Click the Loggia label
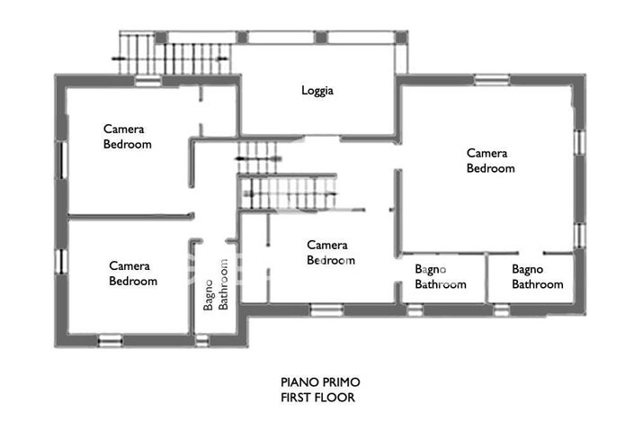(x=317, y=91)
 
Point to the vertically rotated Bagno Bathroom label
(x=216, y=284)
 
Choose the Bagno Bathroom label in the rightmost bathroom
(x=538, y=276)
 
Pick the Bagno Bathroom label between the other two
(x=441, y=276)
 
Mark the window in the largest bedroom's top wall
(x=491, y=79)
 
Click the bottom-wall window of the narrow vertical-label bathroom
(x=202, y=340)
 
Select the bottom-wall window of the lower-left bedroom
(x=110, y=340)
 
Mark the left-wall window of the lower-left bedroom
(x=61, y=262)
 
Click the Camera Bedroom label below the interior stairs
(x=329, y=252)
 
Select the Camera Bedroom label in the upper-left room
(x=127, y=136)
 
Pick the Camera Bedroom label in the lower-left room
(x=133, y=273)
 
